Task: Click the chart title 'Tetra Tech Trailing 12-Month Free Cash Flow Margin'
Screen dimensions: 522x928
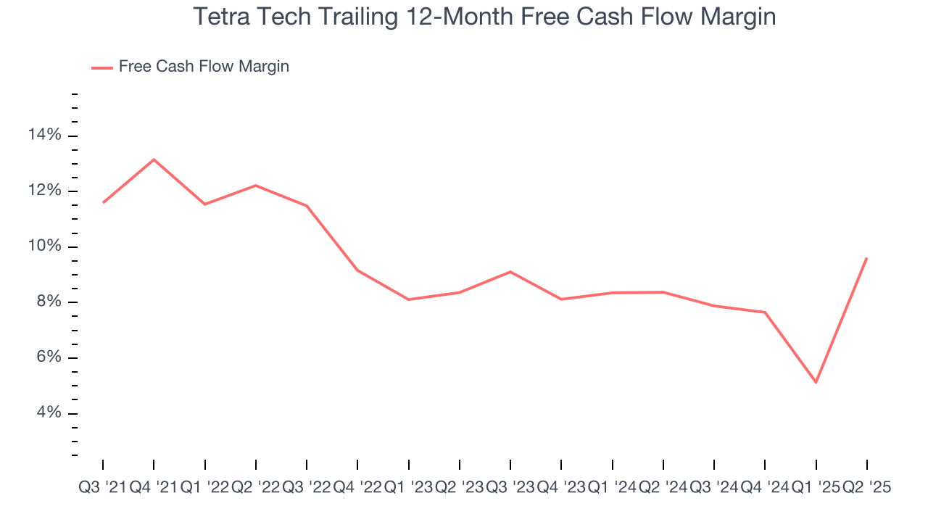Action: click(x=484, y=17)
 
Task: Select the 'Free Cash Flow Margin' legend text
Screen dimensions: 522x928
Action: click(x=204, y=67)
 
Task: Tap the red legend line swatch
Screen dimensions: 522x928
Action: click(x=102, y=67)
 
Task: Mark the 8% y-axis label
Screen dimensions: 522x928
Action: click(x=49, y=302)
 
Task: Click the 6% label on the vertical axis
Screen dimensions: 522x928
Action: click(x=49, y=358)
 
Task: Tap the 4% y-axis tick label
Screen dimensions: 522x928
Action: click(x=49, y=413)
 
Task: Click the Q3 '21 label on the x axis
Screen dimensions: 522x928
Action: click(x=102, y=488)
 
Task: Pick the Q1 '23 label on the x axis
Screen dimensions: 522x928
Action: click(x=408, y=488)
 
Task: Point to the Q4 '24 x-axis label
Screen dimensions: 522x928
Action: click(x=765, y=488)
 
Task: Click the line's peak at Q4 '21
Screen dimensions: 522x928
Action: click(x=154, y=159)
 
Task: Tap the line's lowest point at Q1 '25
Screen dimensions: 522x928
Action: click(x=816, y=382)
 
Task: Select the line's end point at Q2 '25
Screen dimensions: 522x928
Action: click(x=866, y=258)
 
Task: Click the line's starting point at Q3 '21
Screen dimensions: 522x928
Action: click(x=103, y=202)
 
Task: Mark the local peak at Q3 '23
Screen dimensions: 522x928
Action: click(x=510, y=272)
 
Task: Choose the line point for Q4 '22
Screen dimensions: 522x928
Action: click(x=357, y=270)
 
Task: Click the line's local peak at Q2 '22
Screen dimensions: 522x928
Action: click(x=256, y=186)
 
